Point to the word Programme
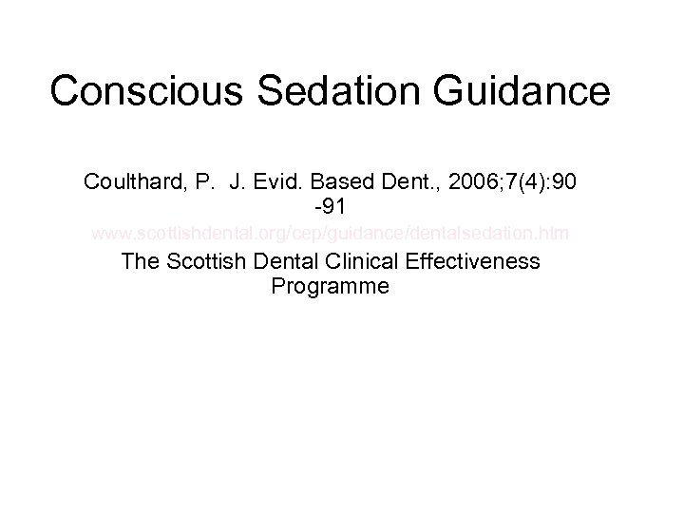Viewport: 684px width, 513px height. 330,286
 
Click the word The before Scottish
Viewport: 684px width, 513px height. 142,260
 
